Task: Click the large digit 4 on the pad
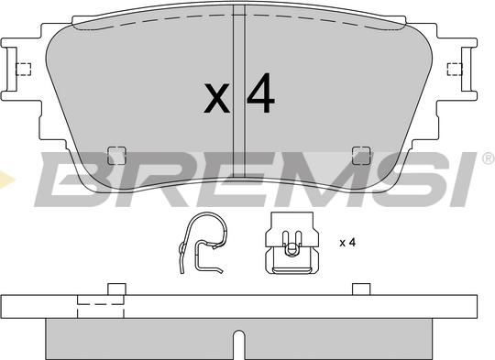coord(260,95)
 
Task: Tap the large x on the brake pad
coord(216,98)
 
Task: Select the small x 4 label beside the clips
coord(346,242)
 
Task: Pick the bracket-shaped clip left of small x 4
coord(291,246)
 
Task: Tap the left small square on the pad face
coord(116,155)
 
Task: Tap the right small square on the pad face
coord(361,155)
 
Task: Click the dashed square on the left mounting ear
coord(24,68)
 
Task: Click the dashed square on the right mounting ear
coord(453,68)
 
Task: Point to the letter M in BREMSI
coord(312,180)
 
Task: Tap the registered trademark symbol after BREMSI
coord(487,159)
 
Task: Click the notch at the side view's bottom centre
coord(237,345)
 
